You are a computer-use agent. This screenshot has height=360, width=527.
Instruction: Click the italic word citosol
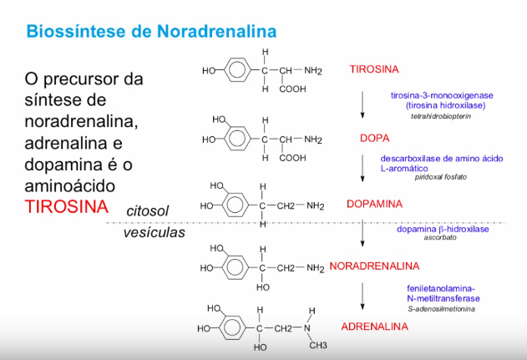point(151,212)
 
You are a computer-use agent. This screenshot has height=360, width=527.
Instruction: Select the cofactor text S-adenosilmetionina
point(441,309)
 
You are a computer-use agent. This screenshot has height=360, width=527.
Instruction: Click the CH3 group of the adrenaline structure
point(318,345)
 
